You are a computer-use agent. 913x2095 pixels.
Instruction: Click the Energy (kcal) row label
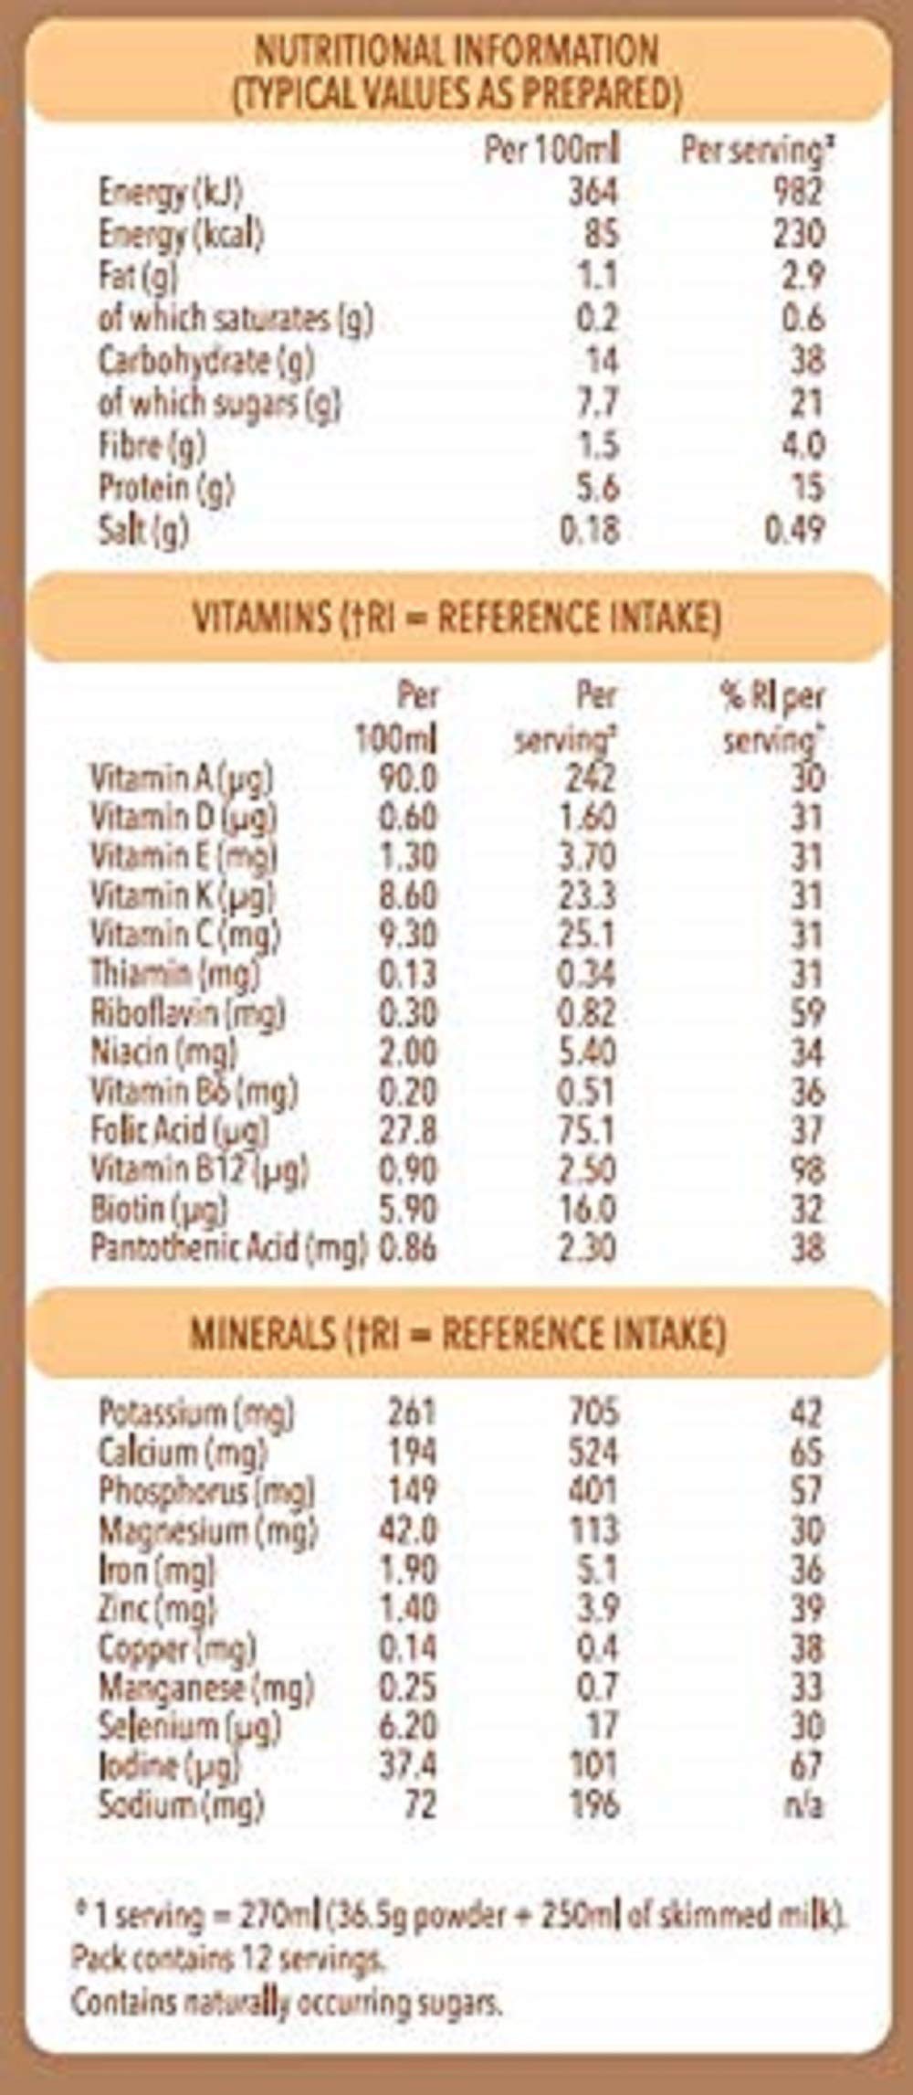click(x=181, y=235)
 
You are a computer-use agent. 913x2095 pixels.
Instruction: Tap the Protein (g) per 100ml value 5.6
click(x=598, y=489)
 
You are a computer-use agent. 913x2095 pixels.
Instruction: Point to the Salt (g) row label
click(x=143, y=531)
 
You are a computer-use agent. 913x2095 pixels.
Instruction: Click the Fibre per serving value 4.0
click(x=803, y=446)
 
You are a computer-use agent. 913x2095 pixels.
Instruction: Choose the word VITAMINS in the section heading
click(x=262, y=619)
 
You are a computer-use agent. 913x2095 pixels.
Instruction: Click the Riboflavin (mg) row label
click(x=187, y=1013)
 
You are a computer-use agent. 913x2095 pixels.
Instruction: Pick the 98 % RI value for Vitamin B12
click(x=807, y=1170)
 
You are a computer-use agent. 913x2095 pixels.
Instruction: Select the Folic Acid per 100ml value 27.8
click(x=407, y=1131)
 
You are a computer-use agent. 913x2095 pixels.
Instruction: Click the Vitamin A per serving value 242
click(x=588, y=778)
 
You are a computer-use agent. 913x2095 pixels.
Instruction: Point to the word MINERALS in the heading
click(x=263, y=1335)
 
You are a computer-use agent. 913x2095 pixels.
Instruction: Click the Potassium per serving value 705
click(x=593, y=1413)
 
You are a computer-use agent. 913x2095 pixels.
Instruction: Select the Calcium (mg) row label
click(x=183, y=1453)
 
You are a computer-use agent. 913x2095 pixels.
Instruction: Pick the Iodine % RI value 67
click(x=806, y=1766)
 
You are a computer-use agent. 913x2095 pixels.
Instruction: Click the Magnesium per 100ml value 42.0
click(x=408, y=1530)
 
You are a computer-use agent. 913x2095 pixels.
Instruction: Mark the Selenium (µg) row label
click(x=189, y=1727)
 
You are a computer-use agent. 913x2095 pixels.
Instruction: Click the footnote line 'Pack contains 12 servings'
click(x=227, y=1958)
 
